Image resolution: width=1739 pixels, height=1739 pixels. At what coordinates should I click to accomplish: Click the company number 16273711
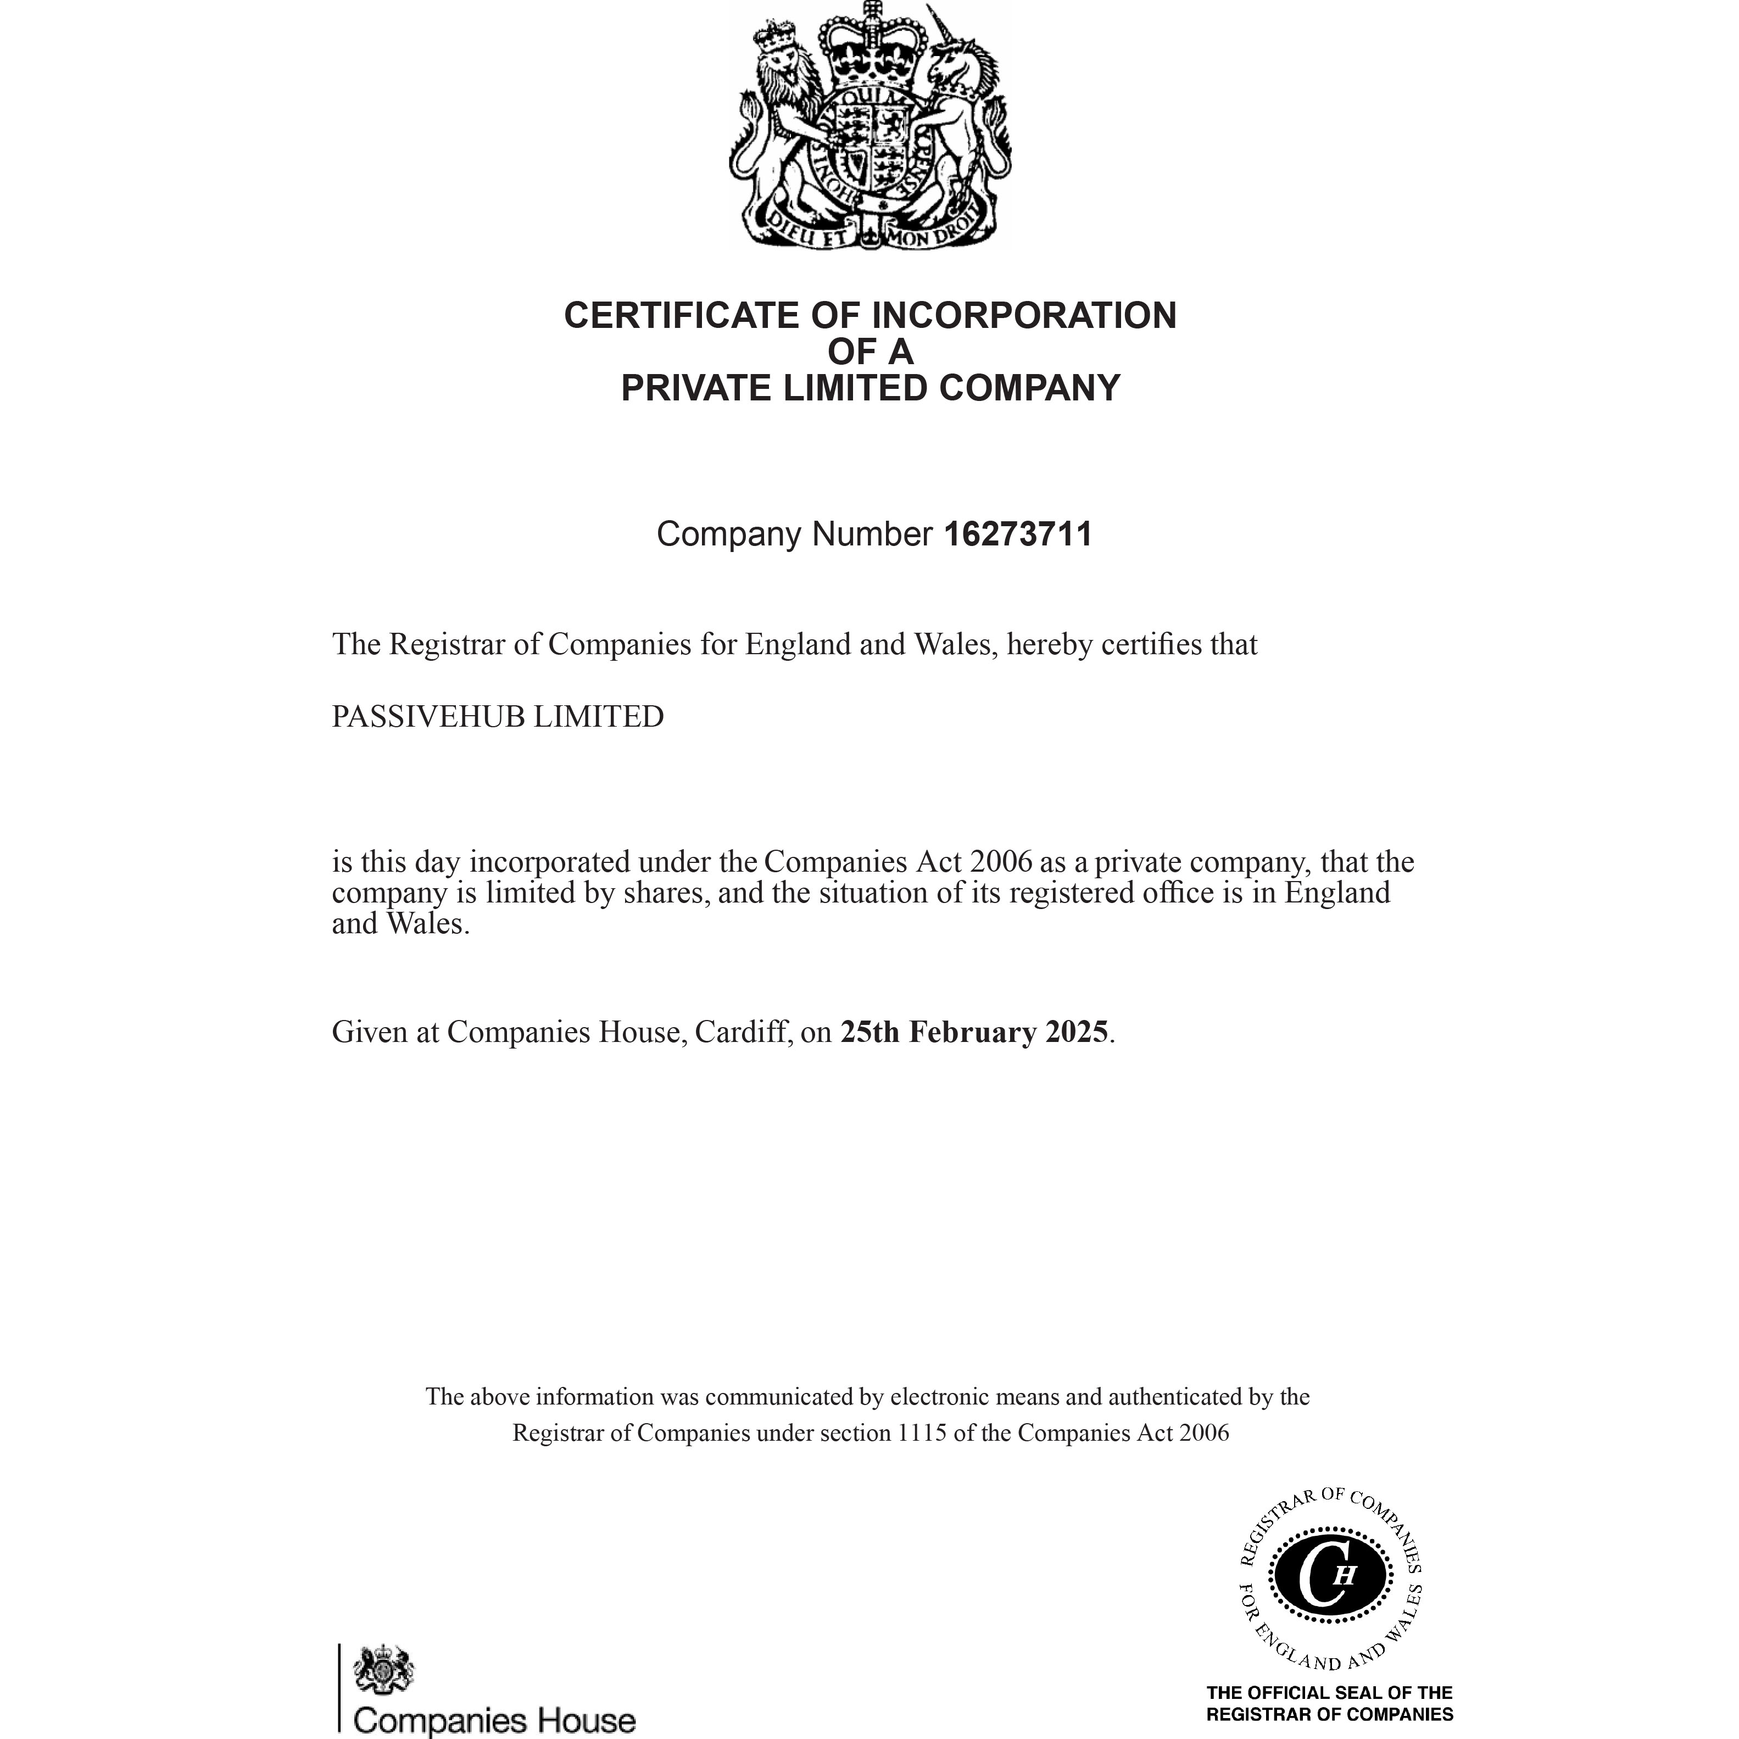[x=1017, y=534]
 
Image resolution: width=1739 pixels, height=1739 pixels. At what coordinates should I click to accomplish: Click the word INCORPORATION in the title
[x=1024, y=315]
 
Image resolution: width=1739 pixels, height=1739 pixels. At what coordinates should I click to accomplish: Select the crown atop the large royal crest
[x=871, y=45]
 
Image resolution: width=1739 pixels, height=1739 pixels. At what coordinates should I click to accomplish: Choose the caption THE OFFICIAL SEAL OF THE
[x=1329, y=1692]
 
